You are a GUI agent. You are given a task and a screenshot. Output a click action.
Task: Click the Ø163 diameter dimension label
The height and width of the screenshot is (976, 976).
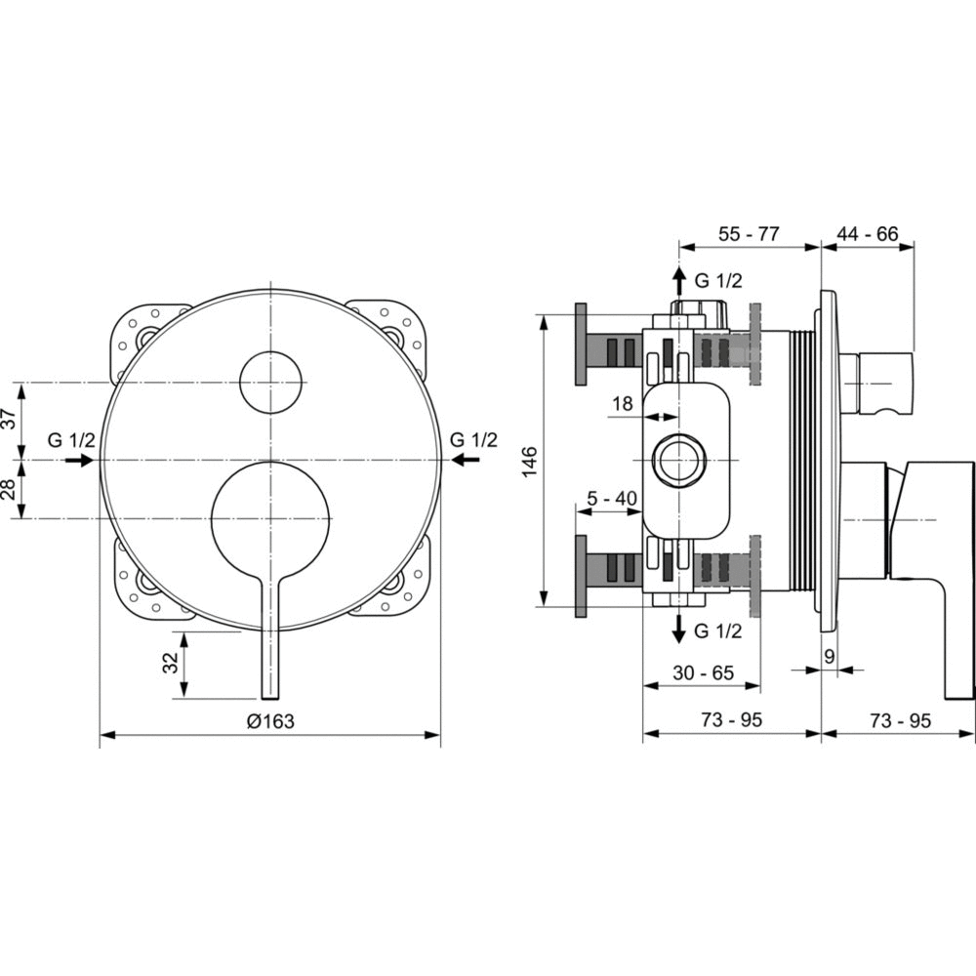270,721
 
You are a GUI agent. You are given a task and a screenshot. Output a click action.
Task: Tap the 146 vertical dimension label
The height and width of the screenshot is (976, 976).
529,462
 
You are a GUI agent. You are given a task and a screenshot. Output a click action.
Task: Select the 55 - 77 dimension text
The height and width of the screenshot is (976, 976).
749,234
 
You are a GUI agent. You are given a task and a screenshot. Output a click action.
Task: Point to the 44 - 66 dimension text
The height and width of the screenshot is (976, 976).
867,234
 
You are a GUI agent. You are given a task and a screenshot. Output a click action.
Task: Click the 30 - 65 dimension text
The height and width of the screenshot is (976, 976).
704,672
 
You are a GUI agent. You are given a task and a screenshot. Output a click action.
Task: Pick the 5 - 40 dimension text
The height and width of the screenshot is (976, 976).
613,498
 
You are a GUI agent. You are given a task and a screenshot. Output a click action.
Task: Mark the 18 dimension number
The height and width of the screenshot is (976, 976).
623,404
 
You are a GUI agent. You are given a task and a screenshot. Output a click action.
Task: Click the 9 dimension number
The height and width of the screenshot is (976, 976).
829,656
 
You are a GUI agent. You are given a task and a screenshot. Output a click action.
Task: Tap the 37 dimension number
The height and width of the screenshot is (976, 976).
10,419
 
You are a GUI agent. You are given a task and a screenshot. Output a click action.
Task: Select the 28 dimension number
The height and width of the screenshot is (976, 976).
10,490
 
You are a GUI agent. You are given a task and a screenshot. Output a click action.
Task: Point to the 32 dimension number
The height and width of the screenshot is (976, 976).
170,664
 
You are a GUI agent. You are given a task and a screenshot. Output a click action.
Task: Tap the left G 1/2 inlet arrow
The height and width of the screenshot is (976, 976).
79,460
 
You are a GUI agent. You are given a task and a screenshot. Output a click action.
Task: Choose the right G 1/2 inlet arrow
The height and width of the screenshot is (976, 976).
466,460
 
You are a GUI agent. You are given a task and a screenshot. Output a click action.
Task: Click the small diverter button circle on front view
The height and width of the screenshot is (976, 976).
270,382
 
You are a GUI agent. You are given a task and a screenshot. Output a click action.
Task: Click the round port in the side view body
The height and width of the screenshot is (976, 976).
678,460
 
